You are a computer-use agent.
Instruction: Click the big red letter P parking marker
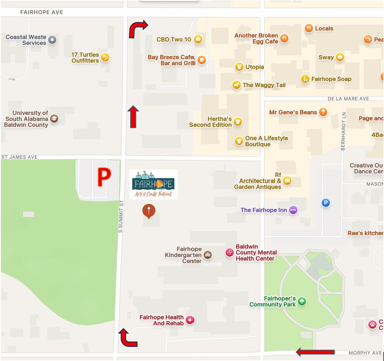(104, 177)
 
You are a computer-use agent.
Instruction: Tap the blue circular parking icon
(326, 203)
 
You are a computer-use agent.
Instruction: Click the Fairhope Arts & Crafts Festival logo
(153, 184)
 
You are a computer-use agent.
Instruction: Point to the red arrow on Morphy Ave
(315, 352)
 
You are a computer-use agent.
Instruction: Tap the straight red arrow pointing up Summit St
(133, 117)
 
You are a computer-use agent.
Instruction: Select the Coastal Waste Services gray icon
(52, 40)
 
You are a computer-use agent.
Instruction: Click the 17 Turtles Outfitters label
(85, 58)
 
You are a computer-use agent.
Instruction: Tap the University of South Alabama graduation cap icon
(54, 119)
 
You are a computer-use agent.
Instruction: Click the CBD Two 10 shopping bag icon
(198, 39)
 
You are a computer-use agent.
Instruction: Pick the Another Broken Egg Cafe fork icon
(284, 38)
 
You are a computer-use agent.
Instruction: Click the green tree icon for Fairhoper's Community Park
(302, 301)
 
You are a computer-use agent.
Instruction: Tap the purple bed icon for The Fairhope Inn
(293, 210)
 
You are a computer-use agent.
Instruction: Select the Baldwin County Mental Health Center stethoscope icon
(229, 252)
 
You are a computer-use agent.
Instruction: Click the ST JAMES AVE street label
(19, 157)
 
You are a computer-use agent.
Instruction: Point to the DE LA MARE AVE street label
(348, 99)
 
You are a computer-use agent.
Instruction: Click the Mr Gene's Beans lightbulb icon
(323, 112)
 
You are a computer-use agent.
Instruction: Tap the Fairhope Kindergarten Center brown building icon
(208, 255)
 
